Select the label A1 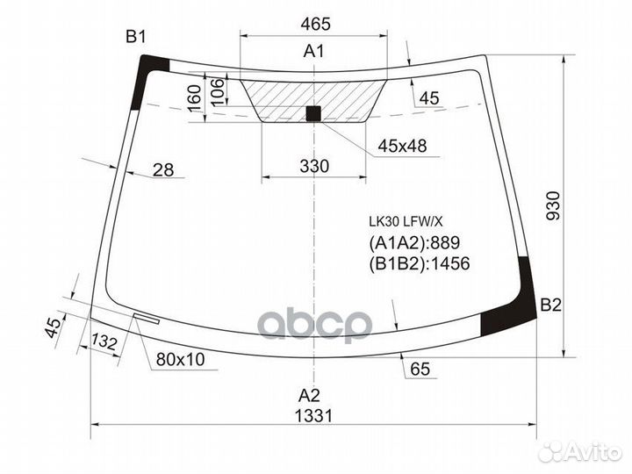(x=313, y=51)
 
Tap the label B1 (x=135, y=36)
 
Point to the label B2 (x=550, y=305)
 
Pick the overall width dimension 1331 (x=313, y=416)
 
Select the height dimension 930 (x=552, y=205)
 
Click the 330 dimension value (x=313, y=166)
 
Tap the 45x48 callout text (x=402, y=146)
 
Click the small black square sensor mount (x=313, y=112)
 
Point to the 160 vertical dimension (x=195, y=97)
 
